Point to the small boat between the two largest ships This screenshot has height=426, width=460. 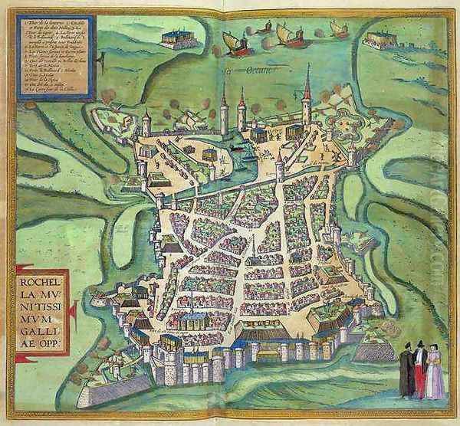[x=264, y=28]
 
